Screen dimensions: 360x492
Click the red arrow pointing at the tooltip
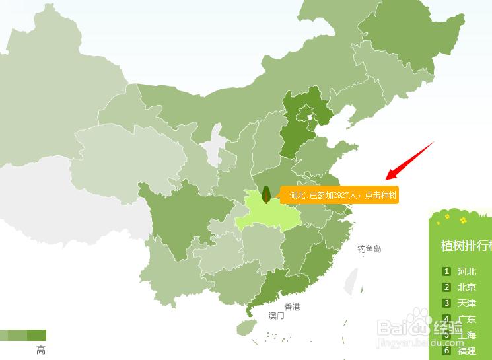(x=409, y=160)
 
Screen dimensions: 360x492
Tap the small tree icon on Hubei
(x=266, y=194)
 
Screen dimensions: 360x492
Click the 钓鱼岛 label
(x=369, y=249)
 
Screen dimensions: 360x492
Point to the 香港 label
(x=292, y=307)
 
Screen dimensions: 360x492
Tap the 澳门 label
(x=276, y=316)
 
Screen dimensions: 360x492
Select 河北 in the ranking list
(x=466, y=271)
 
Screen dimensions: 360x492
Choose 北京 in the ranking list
(x=466, y=287)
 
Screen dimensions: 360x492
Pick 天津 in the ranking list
(x=466, y=303)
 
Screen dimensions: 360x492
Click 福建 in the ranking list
(x=466, y=351)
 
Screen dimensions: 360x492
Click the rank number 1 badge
(x=446, y=271)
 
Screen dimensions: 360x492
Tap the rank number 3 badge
(x=446, y=303)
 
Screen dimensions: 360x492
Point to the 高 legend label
(x=41, y=351)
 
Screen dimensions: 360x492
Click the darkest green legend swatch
(x=37, y=335)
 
